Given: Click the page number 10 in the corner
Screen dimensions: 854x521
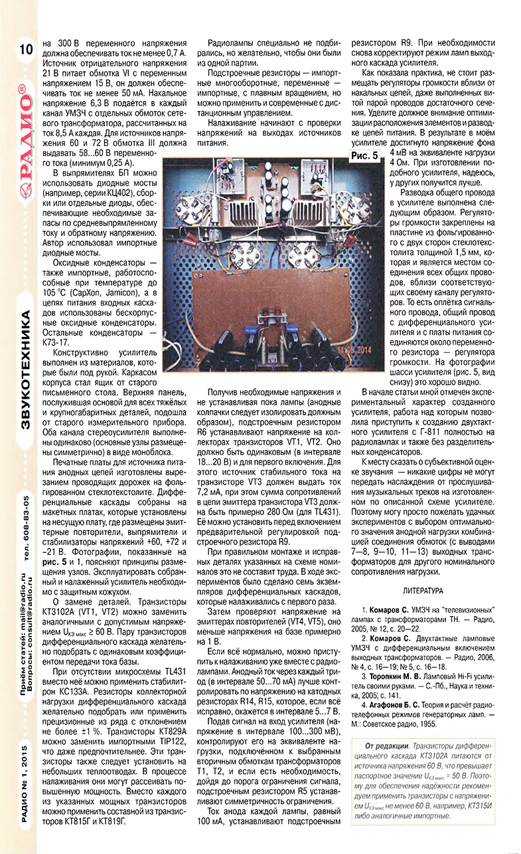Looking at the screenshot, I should (26, 49).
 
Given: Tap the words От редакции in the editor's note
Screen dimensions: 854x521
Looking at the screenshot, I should (386, 745).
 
